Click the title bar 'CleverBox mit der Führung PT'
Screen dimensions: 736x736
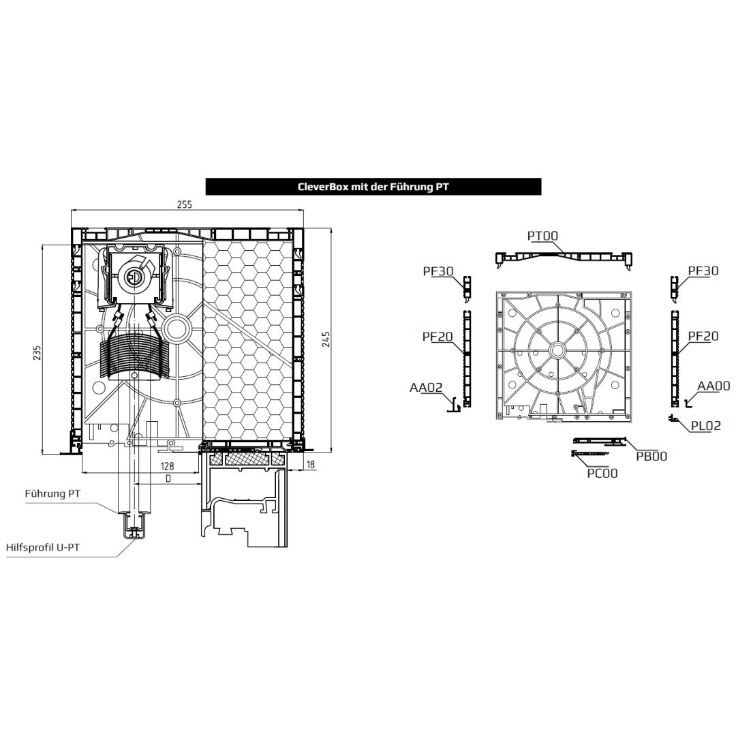pyautogui.click(x=373, y=186)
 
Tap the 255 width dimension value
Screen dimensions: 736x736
pyautogui.click(x=185, y=204)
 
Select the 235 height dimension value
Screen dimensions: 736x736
pyautogui.click(x=37, y=353)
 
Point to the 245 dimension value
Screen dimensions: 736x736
pyautogui.click(x=326, y=339)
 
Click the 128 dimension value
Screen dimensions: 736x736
pyautogui.click(x=167, y=465)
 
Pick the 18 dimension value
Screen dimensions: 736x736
pyautogui.click(x=311, y=465)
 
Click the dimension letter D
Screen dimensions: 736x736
pyautogui.click(x=168, y=479)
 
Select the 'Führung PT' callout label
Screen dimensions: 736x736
pyautogui.click(x=52, y=494)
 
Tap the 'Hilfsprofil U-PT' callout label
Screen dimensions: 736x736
pyautogui.click(x=43, y=547)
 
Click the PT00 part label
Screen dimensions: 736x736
pyautogui.click(x=542, y=236)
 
